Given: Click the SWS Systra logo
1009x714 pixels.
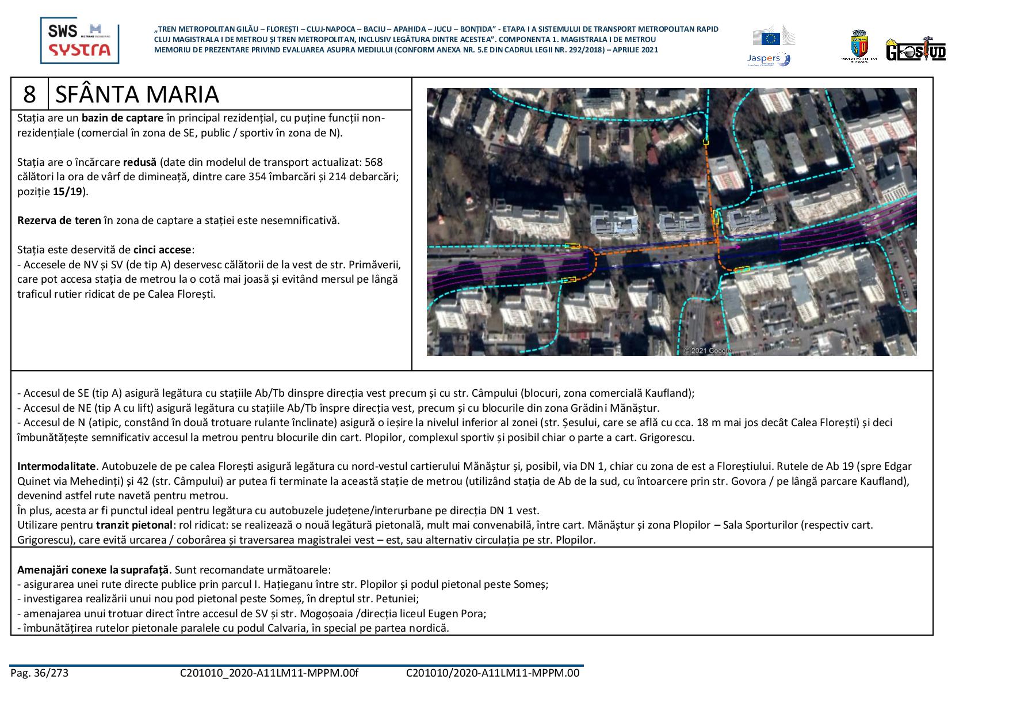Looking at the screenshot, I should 79,40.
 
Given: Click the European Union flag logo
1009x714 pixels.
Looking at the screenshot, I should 771,39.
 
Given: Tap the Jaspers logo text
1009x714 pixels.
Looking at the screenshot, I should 763,58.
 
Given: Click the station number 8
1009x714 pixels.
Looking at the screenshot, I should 29,94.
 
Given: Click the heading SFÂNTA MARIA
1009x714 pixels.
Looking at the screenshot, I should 137,94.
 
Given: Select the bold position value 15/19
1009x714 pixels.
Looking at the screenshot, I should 67,192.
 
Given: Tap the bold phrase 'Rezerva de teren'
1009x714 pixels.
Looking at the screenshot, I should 51,221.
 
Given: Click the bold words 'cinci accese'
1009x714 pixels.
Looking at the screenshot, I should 162,250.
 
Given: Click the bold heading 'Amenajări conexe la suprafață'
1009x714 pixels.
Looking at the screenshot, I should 93,570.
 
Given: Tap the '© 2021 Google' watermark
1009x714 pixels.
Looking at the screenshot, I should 708,351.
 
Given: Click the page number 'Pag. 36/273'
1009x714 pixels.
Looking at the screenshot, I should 39,673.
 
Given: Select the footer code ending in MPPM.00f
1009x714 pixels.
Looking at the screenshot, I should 269,673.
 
